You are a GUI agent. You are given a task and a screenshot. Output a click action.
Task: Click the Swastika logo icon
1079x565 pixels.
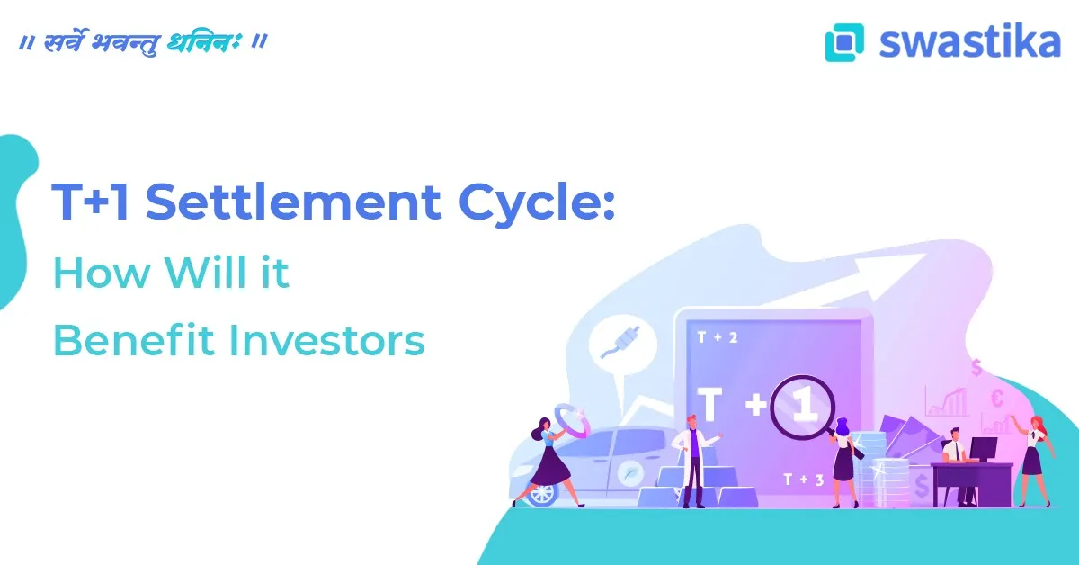[x=844, y=42]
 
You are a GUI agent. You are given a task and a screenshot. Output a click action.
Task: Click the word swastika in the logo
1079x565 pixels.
[x=970, y=41]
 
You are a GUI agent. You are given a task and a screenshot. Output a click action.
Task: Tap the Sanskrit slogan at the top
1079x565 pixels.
[x=143, y=42]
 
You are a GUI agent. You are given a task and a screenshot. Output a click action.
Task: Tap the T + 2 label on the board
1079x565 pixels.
[x=718, y=337]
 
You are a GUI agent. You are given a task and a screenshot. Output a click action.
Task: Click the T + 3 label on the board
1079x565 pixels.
[x=803, y=480]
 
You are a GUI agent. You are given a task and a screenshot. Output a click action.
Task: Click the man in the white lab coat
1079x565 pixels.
[x=691, y=457]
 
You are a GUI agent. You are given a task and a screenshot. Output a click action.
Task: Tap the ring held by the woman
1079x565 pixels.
[x=568, y=418]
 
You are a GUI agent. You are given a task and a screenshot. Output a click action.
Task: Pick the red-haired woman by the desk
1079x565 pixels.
[x=1031, y=454]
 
